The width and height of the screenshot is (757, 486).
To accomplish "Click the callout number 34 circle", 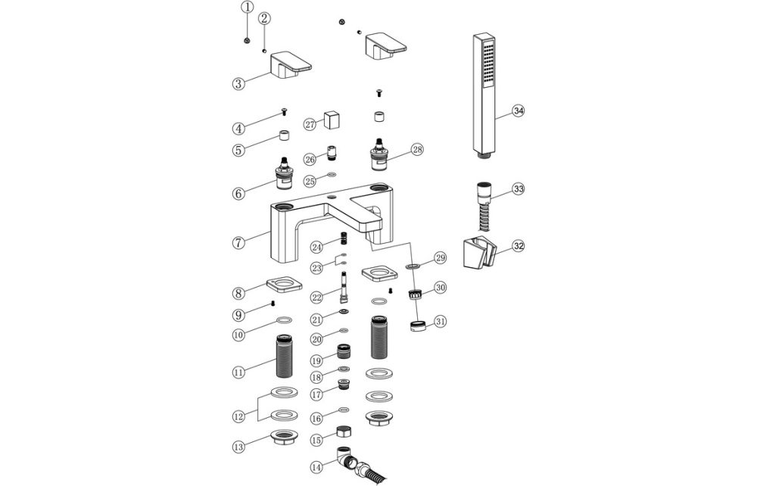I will [x=519, y=111].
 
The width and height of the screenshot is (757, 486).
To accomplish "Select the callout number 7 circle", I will [x=238, y=243].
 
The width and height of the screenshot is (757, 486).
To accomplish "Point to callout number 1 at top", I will [x=247, y=8].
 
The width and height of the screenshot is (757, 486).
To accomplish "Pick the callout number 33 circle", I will [x=519, y=188].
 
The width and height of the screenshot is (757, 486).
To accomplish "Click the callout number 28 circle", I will [x=417, y=149].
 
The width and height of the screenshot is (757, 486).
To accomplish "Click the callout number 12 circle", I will [x=238, y=416].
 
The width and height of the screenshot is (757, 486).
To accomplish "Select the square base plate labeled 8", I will [x=285, y=286].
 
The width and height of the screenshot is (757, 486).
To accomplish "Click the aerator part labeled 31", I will [x=418, y=326].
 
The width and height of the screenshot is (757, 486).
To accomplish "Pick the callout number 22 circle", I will [x=317, y=298].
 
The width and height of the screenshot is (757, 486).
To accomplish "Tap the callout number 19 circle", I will [x=317, y=360].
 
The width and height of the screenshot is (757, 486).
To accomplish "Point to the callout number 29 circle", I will [x=441, y=259].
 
